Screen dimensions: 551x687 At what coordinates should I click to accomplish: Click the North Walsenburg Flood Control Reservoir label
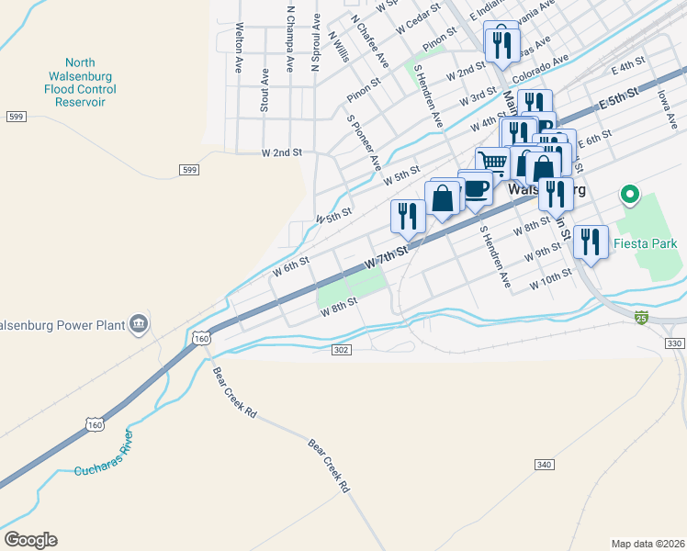pyautogui.click(x=80, y=76)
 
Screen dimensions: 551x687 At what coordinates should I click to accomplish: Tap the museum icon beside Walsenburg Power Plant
pyautogui.click(x=139, y=323)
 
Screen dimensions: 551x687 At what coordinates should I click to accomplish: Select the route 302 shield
pyautogui.click(x=341, y=350)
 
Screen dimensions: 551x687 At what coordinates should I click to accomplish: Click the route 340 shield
pyautogui.click(x=544, y=465)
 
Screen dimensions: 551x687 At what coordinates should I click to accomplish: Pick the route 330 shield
pyautogui.click(x=674, y=343)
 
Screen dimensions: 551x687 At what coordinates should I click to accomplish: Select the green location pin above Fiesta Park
pyautogui.click(x=629, y=194)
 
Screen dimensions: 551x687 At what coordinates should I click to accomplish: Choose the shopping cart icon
pyautogui.click(x=493, y=162)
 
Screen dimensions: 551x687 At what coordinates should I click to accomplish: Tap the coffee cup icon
pyautogui.click(x=475, y=187)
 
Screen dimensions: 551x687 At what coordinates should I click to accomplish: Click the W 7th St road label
pyautogui.click(x=386, y=257)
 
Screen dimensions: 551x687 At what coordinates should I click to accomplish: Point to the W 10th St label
pyautogui.click(x=551, y=278)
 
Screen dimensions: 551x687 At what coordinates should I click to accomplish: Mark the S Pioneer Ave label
pyautogui.click(x=364, y=142)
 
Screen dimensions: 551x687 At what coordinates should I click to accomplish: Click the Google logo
pyautogui.click(x=30, y=540)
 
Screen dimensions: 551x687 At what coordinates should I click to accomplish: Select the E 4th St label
pyautogui.click(x=629, y=66)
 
